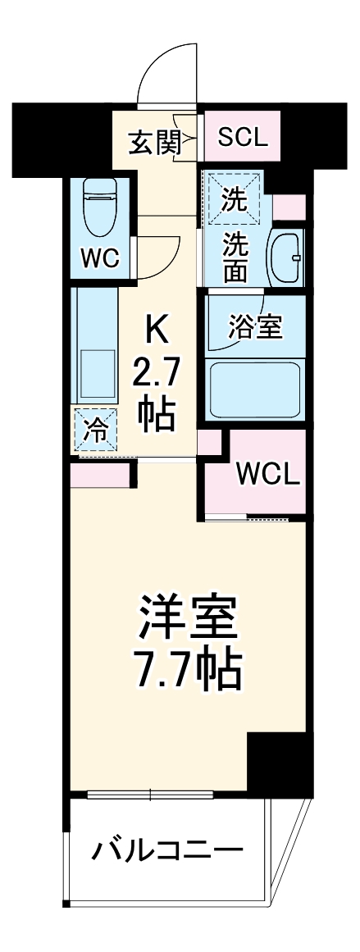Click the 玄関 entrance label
point(153,143)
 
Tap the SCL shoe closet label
point(243,137)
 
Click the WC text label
point(100,258)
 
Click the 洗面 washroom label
point(237,258)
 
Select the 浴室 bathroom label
point(255,326)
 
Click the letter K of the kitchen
point(156,331)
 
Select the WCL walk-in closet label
point(268,473)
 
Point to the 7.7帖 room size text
point(188,672)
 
